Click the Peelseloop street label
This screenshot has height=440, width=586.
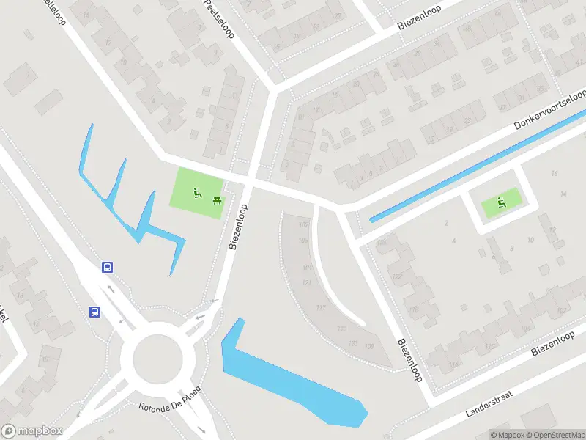point(219,20)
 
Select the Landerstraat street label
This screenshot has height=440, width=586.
point(489,404)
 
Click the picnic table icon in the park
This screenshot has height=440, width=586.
point(217,199)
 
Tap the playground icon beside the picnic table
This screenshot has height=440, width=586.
point(196,194)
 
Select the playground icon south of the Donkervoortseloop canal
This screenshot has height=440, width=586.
point(502,202)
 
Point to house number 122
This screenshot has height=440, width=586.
point(398,276)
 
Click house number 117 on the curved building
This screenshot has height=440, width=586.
point(321,308)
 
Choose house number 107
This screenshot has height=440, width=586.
point(304,224)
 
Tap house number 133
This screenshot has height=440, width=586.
point(354,344)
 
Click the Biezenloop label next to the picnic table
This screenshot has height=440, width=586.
point(239,228)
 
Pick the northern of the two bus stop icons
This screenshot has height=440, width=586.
point(108,268)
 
